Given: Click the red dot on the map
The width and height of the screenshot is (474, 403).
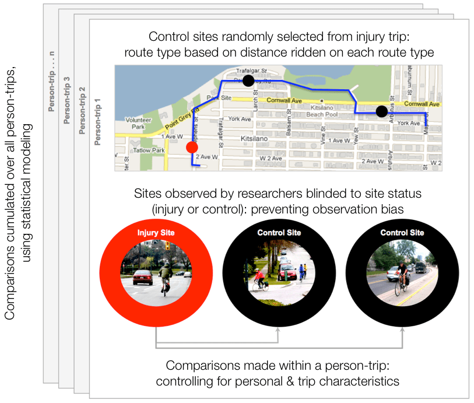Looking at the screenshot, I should click(192, 147).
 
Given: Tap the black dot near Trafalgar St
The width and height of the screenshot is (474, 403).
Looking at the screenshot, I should click(249, 80).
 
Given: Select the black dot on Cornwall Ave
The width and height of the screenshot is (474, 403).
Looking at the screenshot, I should click(382, 111).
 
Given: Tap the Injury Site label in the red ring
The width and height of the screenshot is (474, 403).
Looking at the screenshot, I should click(156, 233).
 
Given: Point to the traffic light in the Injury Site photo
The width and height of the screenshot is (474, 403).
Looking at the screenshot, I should click(167, 247).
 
